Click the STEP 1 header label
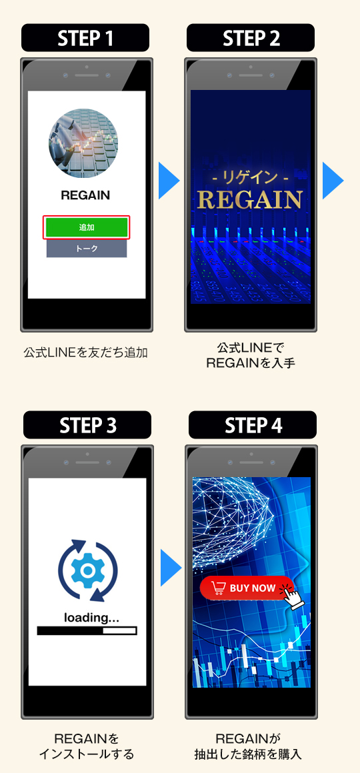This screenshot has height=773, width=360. pos(85,38)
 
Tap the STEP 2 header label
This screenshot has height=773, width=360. pos(251,38)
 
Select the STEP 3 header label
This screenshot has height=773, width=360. pos(87,425)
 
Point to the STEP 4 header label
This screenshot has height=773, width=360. pos(253,425)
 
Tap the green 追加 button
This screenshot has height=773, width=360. pos(87,227)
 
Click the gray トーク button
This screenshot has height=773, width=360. pos(87,249)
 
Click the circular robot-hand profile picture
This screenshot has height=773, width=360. pos(83,143)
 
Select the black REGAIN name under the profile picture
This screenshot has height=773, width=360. pos(85,195)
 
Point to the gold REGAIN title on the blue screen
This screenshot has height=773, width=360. pos(249,199)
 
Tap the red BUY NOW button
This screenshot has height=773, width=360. pos(247,588)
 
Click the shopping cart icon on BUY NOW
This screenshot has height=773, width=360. pos(218,588)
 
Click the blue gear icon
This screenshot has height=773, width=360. pos(88,570)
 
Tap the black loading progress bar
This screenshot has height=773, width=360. pos(87,630)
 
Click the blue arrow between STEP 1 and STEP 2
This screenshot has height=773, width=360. pos(168,181)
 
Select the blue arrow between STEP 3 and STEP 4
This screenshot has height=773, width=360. pos(170,568)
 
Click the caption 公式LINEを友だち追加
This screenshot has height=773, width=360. pos(86,353)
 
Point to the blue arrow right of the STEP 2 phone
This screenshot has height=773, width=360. pos(333,181)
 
